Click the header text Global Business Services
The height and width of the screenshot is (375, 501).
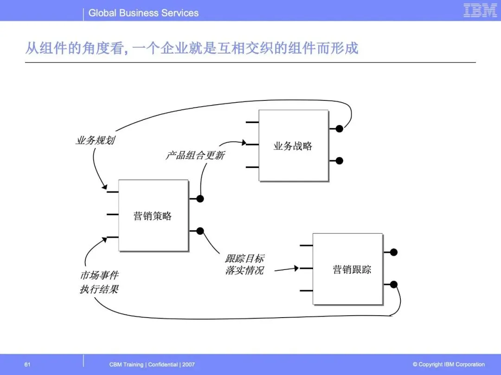point(143,13)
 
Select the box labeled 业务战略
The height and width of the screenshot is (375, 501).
point(293,145)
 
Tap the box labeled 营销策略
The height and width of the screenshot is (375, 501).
point(153,215)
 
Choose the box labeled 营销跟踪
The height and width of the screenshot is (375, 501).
point(347,269)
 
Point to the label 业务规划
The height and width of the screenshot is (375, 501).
point(95,140)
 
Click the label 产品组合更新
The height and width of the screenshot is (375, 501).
point(195,155)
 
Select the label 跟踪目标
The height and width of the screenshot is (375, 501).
point(244,258)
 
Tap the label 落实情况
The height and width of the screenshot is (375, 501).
point(244,270)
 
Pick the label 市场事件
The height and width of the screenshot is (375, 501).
point(99,276)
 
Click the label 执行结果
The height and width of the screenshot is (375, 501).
point(99,289)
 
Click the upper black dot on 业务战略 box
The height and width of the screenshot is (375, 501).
point(340,129)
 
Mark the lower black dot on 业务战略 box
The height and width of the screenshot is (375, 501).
point(340,161)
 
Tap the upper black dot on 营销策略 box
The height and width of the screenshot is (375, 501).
point(200,199)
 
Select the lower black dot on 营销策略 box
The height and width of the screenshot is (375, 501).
point(200,231)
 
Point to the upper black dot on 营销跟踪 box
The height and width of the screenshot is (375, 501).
point(394,252)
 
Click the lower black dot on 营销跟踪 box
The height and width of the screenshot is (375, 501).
point(394,284)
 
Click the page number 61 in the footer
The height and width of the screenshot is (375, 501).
point(27,364)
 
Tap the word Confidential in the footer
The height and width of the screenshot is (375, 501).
point(162,364)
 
